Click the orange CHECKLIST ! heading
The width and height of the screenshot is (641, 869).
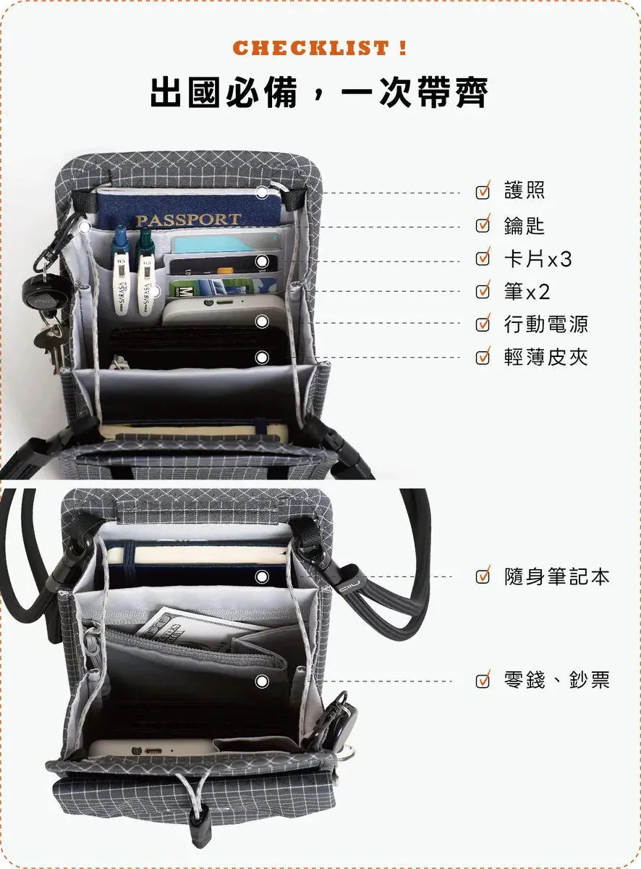[320, 48]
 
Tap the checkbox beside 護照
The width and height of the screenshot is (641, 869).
[483, 191]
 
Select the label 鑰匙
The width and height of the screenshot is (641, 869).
[525, 226]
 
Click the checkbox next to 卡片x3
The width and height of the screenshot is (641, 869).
[483, 259]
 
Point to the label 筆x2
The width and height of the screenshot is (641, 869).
[527, 292]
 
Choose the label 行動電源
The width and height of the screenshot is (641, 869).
[546, 324]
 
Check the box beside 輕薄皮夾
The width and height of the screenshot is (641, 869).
[483, 357]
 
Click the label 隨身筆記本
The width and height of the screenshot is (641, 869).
[556, 576]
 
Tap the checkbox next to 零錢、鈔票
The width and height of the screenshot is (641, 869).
[483, 681]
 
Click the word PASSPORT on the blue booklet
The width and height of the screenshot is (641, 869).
[188, 220]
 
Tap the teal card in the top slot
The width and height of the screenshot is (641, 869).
[226, 243]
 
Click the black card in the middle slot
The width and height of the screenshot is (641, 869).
[224, 264]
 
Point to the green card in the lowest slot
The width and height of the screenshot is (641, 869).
[224, 286]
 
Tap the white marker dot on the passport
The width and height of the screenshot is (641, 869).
[262, 193]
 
